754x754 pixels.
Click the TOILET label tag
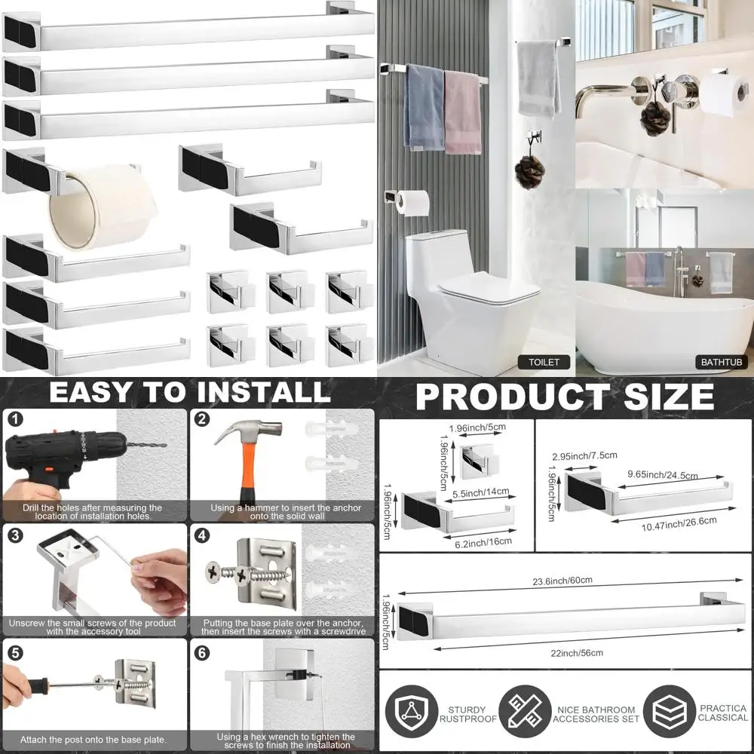coord(544,362)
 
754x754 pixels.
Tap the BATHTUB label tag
coord(722,362)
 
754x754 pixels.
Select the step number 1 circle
coord(16,419)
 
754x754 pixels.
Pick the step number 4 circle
coord(202,535)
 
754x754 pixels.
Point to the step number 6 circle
coord(202,652)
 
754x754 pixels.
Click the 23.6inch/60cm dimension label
coord(561,580)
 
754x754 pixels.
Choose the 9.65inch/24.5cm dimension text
coord(664,475)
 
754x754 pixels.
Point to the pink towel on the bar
coord(462,113)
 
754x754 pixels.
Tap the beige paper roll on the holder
coord(102,204)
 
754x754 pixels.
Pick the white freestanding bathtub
coord(664,324)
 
